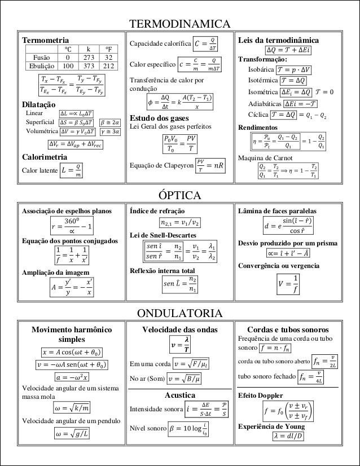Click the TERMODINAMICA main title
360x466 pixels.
pos(180,24)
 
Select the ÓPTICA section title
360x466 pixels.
pos(180,196)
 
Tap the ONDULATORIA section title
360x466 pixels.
pos(180,313)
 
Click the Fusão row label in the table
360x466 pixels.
pos(42,58)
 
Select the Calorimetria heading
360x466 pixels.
pos(45,156)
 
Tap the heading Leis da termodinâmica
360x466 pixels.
pos(279,41)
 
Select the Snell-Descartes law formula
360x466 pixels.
pos(180,252)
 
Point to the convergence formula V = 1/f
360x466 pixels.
pos(288,284)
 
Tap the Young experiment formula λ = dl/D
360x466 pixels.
pos(288,436)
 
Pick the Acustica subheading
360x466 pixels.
pos(180,395)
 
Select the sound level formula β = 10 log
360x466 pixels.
pos(190,429)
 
